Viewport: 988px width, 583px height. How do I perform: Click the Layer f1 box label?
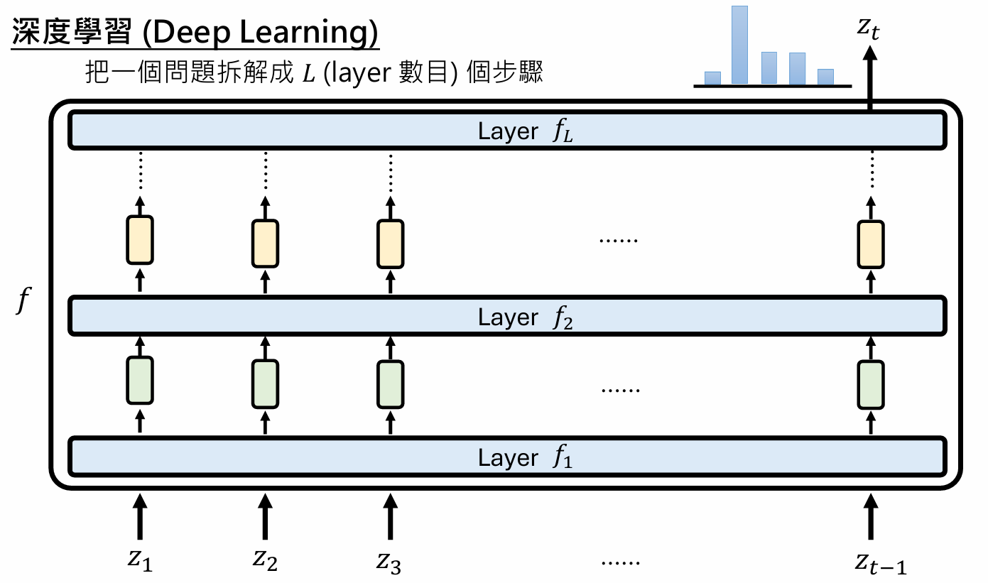pos(525,458)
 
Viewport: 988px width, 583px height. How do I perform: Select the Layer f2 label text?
pos(525,317)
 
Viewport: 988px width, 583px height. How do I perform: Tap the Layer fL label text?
pos(525,132)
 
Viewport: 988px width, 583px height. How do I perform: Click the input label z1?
pos(140,560)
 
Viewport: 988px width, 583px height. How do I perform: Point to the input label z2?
pos(265,560)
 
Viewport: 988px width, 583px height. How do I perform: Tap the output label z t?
pos(870,28)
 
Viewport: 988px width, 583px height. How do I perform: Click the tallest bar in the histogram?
pos(740,44)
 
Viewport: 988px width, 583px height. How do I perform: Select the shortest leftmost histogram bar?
pos(712,77)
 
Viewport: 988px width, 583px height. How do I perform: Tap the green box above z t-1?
pos(871,384)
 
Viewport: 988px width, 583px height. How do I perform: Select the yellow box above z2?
pos(265,243)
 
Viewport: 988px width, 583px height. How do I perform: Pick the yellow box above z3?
pos(390,243)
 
